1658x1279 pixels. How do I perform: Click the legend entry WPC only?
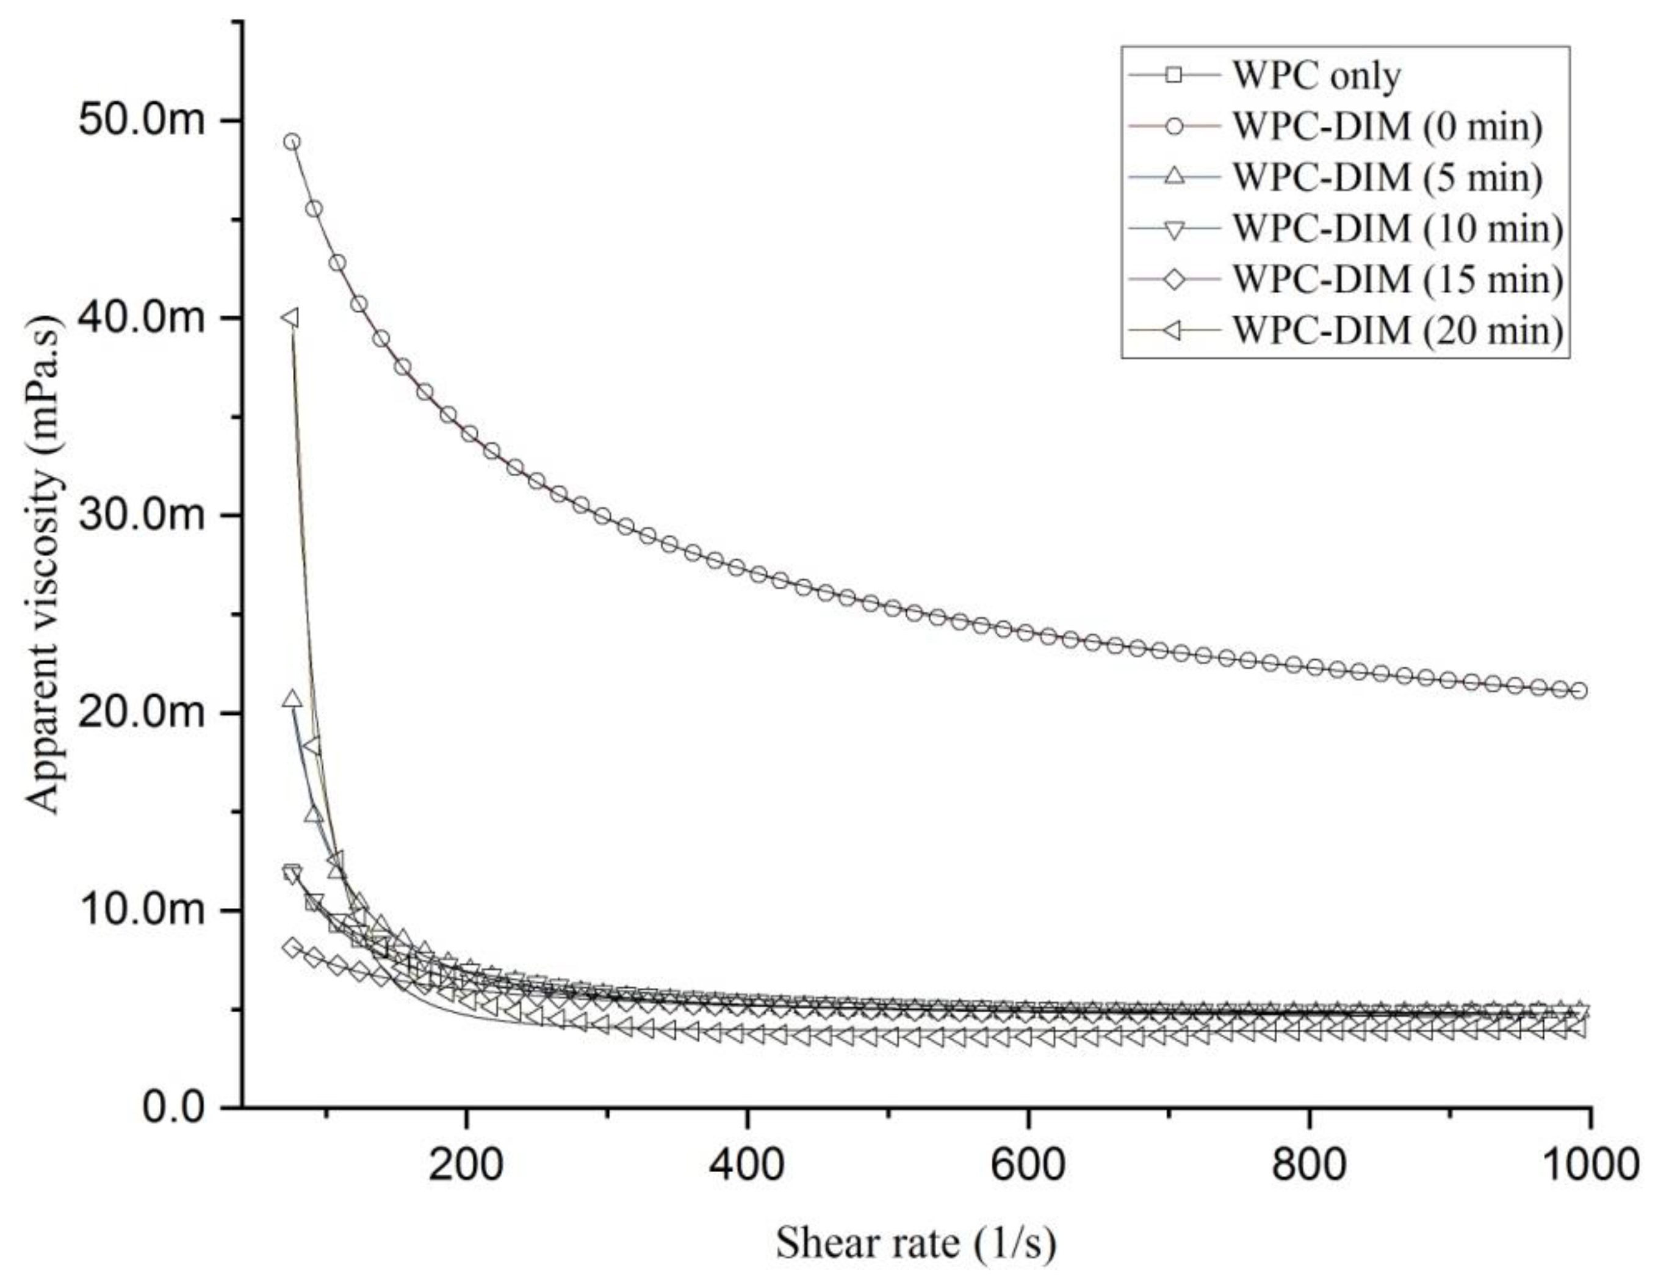(x=1316, y=75)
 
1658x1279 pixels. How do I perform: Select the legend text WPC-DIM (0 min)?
(x=1387, y=126)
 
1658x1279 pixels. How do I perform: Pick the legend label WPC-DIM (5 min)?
(x=1387, y=177)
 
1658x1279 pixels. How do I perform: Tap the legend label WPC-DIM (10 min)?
(x=1397, y=228)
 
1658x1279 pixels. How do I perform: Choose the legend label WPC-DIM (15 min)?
(x=1397, y=279)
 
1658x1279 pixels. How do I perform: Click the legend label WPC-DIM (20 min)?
(x=1397, y=330)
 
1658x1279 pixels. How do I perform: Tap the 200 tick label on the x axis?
(x=466, y=1164)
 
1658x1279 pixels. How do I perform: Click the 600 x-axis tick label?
(x=1028, y=1164)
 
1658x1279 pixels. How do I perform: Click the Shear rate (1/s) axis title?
(x=915, y=1244)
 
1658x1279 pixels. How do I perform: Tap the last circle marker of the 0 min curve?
(x=1580, y=690)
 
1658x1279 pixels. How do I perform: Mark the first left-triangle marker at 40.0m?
(x=289, y=317)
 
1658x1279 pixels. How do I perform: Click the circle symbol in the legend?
(x=1175, y=126)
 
